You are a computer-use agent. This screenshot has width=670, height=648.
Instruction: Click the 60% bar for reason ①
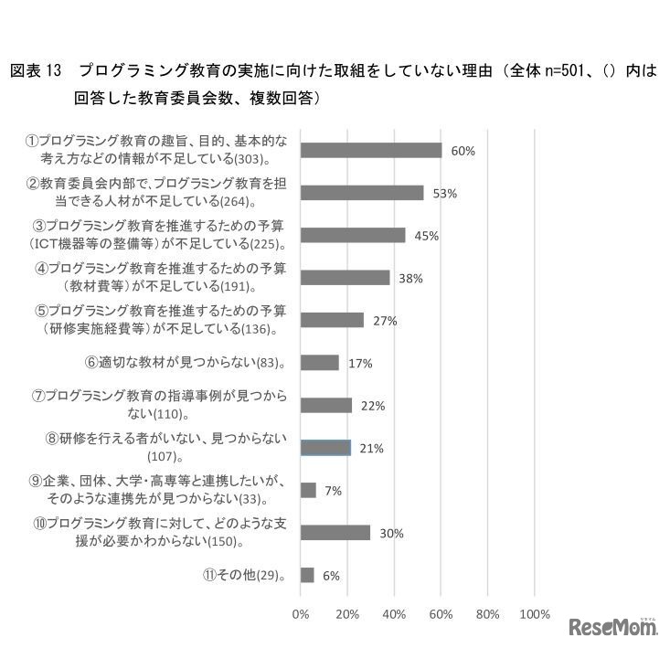[370, 151]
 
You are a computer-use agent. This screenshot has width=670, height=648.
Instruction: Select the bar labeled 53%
[362, 193]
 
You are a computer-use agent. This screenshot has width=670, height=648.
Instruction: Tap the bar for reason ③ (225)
[353, 235]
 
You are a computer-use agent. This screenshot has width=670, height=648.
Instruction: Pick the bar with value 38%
[345, 278]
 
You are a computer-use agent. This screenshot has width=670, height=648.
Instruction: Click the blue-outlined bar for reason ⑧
[325, 448]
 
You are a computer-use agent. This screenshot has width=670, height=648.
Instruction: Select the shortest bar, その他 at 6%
[307, 575]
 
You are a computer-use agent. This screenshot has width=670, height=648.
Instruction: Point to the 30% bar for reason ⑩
[335, 533]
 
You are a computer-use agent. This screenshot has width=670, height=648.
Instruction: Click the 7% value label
[333, 491]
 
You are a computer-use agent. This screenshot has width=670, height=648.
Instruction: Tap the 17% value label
[360, 363]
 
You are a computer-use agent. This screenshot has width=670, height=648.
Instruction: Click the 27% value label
[385, 321]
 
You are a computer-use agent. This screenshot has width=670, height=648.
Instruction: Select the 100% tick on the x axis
[535, 613]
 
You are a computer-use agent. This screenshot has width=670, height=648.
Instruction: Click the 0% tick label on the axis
[300, 613]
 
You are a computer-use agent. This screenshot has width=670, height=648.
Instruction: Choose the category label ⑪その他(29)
[244, 576]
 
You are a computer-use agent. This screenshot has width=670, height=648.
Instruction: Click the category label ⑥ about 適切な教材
[186, 363]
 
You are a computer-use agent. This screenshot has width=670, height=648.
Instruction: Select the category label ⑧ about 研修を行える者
[166, 447]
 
